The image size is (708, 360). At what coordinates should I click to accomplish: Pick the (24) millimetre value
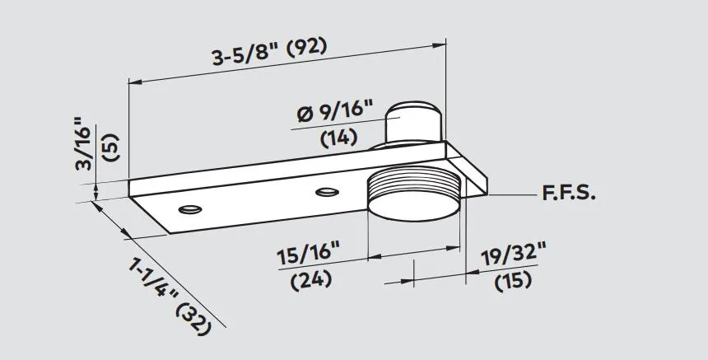click(x=311, y=279)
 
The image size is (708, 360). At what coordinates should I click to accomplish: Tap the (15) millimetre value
click(x=512, y=280)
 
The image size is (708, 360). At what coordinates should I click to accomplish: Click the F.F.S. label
click(x=568, y=195)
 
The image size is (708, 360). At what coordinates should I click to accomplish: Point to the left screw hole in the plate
click(x=189, y=208)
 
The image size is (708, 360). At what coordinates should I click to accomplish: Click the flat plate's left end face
click(x=149, y=213)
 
